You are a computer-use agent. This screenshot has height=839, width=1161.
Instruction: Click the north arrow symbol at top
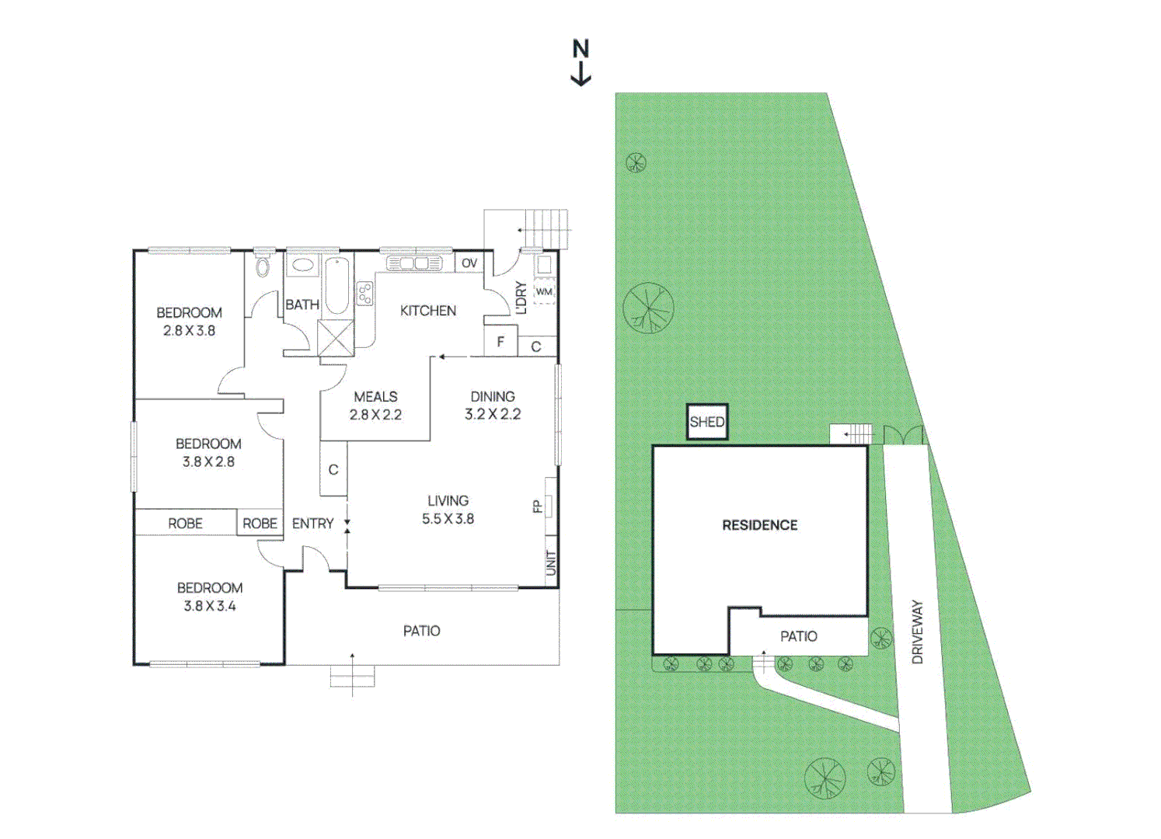[580, 62]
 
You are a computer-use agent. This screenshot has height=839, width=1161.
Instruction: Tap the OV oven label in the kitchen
[469, 263]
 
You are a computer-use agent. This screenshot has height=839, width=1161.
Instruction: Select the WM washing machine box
[544, 292]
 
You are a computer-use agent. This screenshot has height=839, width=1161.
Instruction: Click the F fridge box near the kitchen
[500, 342]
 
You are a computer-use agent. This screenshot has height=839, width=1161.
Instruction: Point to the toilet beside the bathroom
[263, 267]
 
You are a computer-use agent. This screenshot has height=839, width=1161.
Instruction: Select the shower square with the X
[336, 337]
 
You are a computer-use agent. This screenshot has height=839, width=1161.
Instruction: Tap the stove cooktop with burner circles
[364, 293]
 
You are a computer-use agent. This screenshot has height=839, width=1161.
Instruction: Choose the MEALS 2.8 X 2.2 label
[375, 406]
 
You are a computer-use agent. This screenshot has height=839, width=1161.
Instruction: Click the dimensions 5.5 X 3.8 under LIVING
[448, 519]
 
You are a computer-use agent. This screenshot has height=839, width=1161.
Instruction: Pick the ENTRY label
[312, 524]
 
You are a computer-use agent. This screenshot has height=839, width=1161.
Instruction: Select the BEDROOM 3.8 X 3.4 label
[209, 597]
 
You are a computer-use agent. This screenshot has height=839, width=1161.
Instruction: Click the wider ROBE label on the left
[185, 524]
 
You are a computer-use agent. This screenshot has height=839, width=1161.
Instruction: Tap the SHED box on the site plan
[706, 422]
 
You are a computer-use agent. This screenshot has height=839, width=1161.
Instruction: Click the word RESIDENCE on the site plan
[759, 525]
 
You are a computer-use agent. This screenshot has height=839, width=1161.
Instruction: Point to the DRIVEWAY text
[917, 631]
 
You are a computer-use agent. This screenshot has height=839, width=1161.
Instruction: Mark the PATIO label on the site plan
[798, 636]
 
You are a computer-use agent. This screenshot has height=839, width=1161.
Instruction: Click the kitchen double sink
[413, 264]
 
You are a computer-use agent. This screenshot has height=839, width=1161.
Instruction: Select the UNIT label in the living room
[551, 562]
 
